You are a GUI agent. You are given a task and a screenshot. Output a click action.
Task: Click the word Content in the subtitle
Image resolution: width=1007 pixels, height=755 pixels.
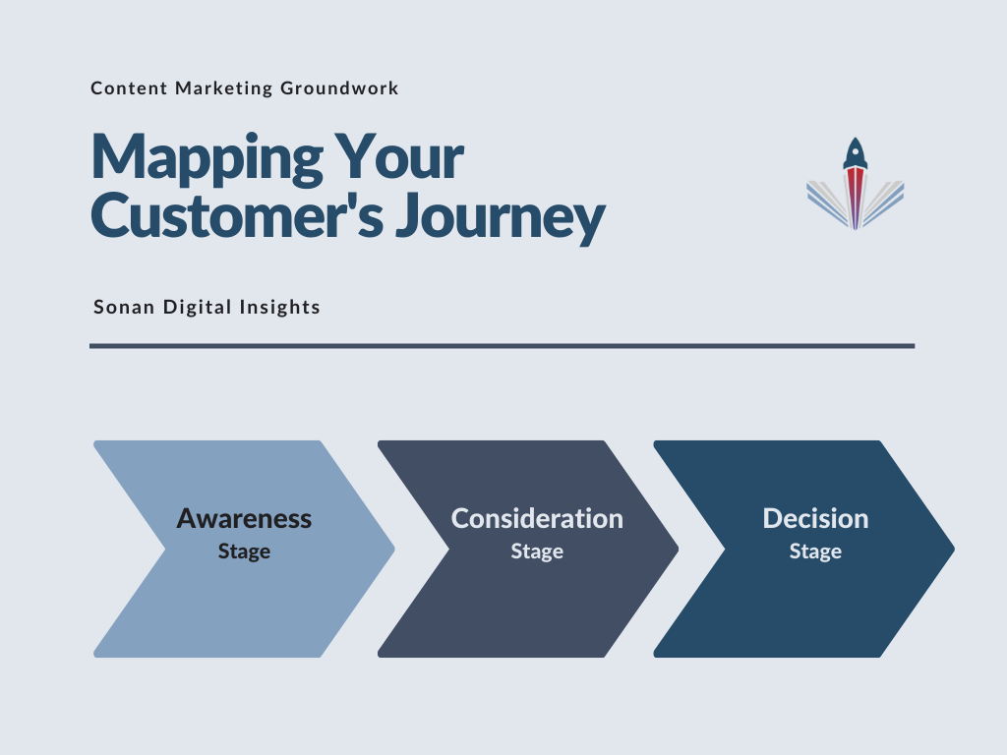[x=129, y=87]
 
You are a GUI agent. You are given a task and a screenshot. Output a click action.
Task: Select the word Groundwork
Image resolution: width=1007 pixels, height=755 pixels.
[x=339, y=87]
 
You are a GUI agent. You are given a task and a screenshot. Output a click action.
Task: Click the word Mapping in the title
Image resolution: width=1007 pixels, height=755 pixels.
[x=207, y=158]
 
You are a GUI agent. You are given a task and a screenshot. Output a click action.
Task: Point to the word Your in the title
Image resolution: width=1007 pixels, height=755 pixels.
[x=399, y=156]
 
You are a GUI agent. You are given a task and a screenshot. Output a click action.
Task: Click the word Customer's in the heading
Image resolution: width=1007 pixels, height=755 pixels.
[x=238, y=214]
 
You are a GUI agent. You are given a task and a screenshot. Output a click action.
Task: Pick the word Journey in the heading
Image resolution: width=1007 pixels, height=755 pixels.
[x=501, y=217]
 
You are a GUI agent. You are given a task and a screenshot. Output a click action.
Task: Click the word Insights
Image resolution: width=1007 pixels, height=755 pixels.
[x=280, y=307]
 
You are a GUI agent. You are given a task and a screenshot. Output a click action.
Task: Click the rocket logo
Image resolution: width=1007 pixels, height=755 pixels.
[x=856, y=184]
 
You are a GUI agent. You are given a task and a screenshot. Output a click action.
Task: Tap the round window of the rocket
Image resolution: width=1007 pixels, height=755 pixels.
[x=856, y=152]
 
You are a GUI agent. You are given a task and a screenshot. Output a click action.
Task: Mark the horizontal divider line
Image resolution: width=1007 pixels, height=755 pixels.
[x=503, y=346]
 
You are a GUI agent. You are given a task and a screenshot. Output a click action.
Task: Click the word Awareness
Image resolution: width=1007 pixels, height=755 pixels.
[x=244, y=519]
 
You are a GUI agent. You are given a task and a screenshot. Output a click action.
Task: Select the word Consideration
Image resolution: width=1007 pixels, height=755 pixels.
[x=537, y=519]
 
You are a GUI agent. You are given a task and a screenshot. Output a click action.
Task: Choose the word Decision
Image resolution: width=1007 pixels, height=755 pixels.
[x=815, y=519]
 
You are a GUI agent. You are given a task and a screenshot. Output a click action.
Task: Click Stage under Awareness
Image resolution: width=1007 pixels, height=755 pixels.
[x=244, y=552]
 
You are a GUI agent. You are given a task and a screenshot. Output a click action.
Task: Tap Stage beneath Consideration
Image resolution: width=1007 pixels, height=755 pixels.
[x=537, y=552]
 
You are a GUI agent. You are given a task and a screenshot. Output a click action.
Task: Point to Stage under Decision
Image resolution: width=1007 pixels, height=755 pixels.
[x=815, y=552]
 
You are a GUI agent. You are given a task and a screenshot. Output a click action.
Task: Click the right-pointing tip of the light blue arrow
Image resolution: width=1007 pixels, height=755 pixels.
[x=394, y=549]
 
